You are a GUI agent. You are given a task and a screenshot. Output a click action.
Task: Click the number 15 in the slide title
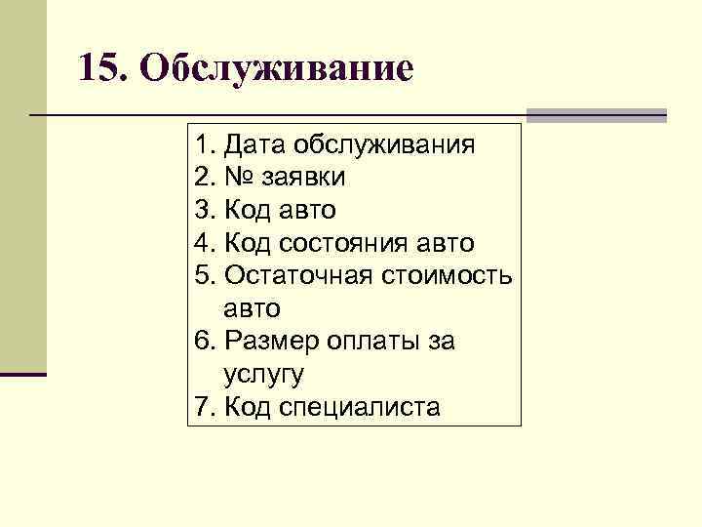pos(98,68)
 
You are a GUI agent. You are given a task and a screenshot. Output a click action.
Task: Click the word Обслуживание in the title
pos(276,68)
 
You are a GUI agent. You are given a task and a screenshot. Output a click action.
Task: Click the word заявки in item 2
pos(303,179)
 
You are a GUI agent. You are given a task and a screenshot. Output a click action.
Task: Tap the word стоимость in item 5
pos(451,275)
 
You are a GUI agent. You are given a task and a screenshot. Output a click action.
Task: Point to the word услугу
pos(264,374)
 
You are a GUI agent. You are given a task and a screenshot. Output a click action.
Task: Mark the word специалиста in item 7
pos(371,406)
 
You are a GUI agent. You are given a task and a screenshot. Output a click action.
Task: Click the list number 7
pos(201,406)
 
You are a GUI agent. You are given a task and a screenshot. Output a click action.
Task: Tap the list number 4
pos(201,243)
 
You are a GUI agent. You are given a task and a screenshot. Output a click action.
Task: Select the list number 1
pos(201,146)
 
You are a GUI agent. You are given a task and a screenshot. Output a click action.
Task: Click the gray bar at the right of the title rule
pos(597,115)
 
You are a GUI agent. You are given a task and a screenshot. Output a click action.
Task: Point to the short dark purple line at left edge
pos(23,374)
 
